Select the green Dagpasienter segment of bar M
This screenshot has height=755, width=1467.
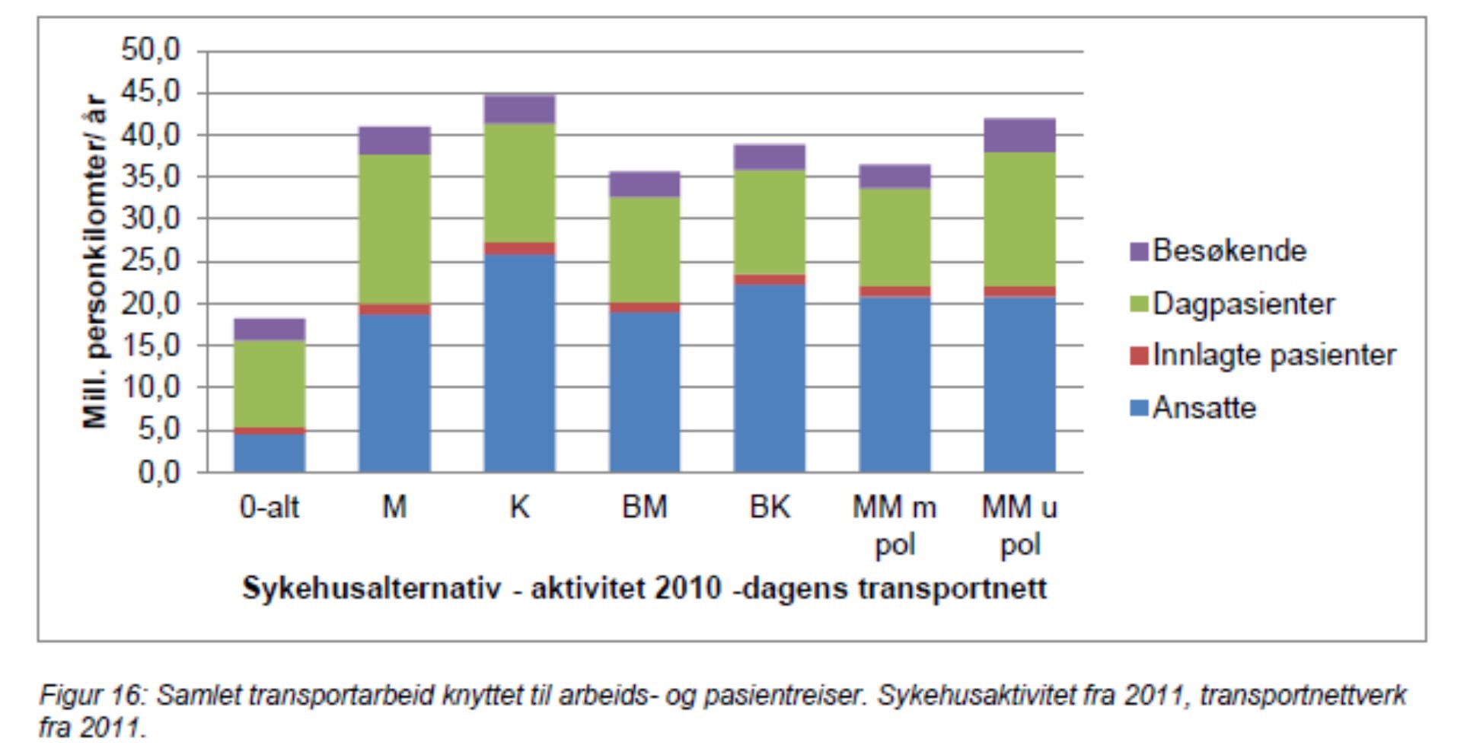(394, 229)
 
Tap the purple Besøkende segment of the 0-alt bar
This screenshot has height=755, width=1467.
(269, 329)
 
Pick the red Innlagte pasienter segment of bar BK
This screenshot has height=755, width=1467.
(770, 279)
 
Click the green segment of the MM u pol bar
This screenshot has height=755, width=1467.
(1019, 219)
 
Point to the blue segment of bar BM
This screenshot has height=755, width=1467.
(644, 391)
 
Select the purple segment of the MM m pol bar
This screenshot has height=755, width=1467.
(895, 176)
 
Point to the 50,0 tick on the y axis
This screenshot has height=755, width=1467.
(150, 51)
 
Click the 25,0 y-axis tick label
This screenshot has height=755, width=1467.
(150, 261)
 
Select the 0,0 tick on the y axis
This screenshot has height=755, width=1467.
(158, 473)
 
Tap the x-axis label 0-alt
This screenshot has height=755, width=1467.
(269, 507)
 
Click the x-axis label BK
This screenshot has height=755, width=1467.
(770, 507)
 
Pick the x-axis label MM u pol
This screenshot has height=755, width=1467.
(1019, 525)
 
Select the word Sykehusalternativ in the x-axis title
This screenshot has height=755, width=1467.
(372, 588)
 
